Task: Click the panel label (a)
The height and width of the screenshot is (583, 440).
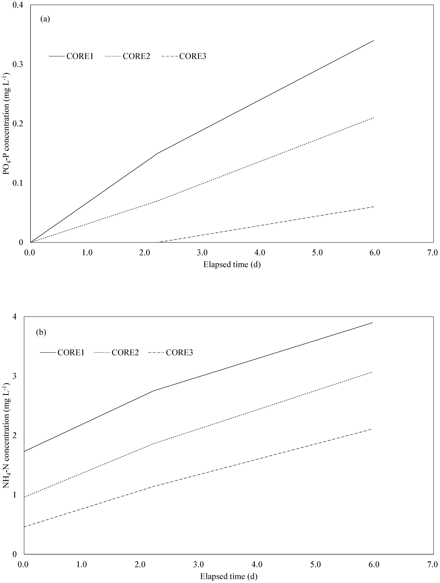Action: [x=45, y=19]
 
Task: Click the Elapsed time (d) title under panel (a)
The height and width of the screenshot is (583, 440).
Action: [x=232, y=264]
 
